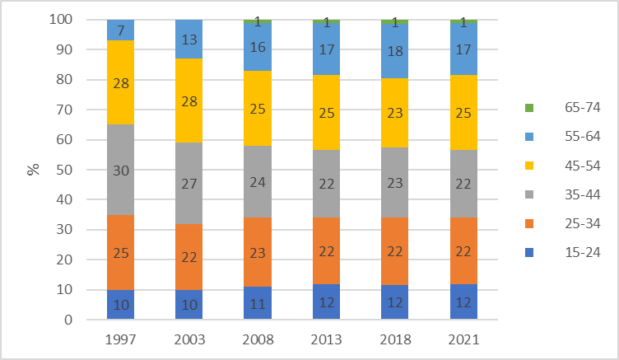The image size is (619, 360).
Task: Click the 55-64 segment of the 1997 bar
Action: pos(120,30)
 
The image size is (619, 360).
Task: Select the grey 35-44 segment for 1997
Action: pos(120,171)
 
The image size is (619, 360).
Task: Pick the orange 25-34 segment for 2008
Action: pos(257,252)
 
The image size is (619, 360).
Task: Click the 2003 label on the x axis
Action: pos(188,339)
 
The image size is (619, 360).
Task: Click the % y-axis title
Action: pos(33,170)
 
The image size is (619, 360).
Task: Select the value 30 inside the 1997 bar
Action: pos(120,171)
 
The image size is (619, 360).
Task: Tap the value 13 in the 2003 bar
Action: pos(188,39)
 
